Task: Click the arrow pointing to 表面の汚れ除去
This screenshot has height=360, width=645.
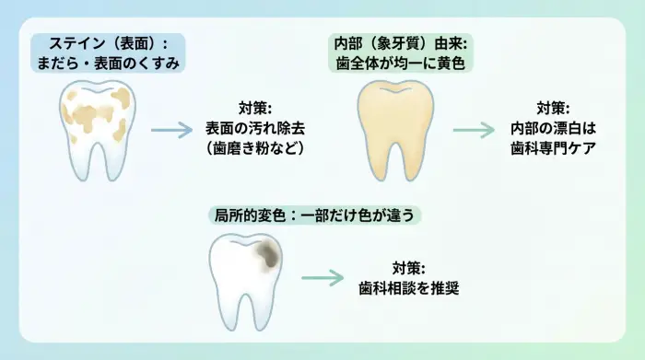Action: pos(172,129)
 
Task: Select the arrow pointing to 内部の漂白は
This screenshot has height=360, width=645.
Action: pos(474,129)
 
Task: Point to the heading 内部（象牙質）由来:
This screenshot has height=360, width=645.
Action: pos(401,42)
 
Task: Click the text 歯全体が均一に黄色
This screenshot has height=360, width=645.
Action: pos(401,63)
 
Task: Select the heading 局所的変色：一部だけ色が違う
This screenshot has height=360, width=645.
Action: pos(316,215)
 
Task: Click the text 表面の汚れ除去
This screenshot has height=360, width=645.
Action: pos(254,128)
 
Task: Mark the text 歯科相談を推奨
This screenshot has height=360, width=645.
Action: pos(408,287)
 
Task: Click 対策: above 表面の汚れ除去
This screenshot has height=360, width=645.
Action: pos(254,108)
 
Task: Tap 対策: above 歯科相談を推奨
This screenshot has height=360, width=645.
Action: pos(408,267)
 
